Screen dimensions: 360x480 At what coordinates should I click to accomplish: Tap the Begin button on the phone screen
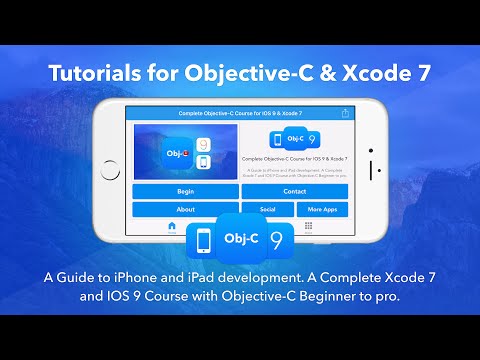185,191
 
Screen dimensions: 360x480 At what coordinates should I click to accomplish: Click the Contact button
294,191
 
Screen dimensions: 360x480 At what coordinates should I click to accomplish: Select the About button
185,210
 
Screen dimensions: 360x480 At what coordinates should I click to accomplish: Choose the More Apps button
322,210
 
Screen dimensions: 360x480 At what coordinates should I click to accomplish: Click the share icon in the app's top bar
346,114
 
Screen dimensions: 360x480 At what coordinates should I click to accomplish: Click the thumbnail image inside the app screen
184,151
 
